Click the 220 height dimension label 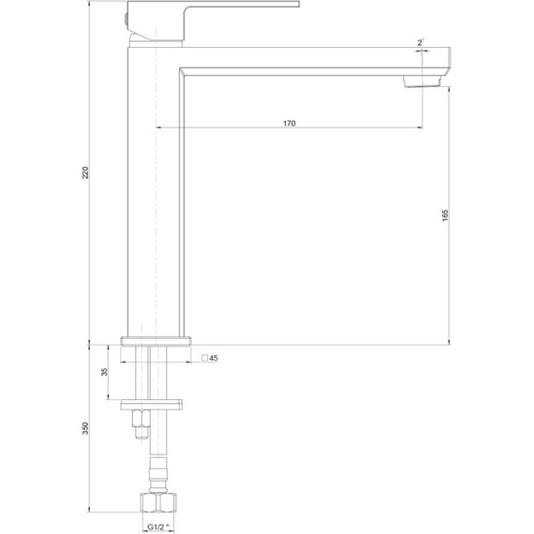(85, 172)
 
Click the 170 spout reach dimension (289, 124)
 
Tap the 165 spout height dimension (445, 215)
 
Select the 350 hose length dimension (85, 428)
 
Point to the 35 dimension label (104, 372)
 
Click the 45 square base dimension (214, 358)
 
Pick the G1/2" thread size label (157, 527)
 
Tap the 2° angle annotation (421, 42)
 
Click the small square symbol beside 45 (204, 358)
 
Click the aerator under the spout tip (422, 82)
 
